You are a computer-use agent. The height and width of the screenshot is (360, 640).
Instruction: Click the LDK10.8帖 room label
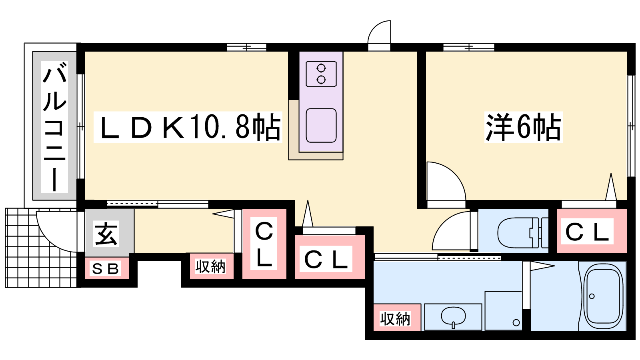[x=188, y=127]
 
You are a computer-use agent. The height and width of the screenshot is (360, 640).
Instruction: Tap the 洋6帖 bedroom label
[x=523, y=127]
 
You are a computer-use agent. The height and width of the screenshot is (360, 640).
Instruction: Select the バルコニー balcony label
[x=55, y=127]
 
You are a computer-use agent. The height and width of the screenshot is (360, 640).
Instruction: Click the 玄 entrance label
[x=106, y=234]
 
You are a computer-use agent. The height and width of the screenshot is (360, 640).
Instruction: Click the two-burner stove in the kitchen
[x=321, y=74]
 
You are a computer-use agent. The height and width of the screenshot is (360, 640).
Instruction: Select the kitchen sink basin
[x=321, y=125]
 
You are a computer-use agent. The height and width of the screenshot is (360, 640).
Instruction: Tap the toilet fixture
[x=518, y=233]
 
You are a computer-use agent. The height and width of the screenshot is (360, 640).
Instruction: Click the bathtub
[x=603, y=297]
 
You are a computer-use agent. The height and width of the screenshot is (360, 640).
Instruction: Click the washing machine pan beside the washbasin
[x=503, y=311]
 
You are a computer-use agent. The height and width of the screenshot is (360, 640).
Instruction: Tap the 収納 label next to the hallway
[x=210, y=266]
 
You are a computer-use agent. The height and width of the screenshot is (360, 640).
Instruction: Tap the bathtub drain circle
[x=592, y=296]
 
